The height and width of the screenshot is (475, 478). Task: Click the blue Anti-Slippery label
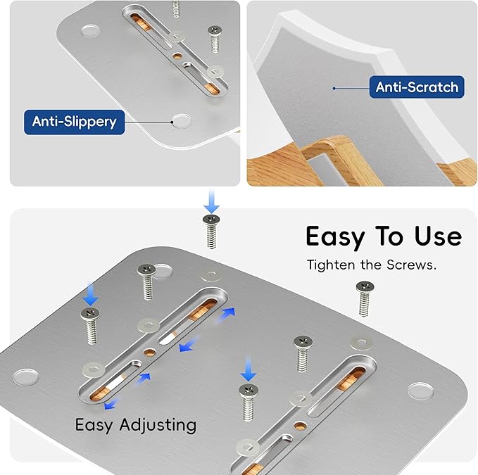point(75,122)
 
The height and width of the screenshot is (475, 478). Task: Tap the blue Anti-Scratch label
point(417,87)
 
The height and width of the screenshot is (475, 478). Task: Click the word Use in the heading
point(438,236)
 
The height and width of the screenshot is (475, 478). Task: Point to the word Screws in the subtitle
point(411,265)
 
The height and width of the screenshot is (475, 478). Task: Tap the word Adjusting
point(158,425)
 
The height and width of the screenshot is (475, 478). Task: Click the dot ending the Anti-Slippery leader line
point(172,122)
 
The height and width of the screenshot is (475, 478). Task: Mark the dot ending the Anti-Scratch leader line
point(334,89)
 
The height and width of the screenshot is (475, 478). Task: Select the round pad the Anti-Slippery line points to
point(182,121)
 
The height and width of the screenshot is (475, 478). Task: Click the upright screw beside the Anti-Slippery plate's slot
point(215,39)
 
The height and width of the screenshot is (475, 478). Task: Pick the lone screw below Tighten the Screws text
point(365,298)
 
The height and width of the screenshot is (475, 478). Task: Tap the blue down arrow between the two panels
point(212,201)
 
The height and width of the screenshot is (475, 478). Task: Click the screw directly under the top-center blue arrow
point(211,232)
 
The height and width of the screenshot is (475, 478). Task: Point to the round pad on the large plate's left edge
point(26,376)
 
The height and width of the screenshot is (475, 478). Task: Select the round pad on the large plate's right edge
point(420,391)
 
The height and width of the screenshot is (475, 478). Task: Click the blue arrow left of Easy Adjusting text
point(111,404)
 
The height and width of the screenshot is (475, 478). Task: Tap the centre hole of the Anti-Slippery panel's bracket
point(177,56)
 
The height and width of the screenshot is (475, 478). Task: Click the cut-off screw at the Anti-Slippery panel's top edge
point(175,8)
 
